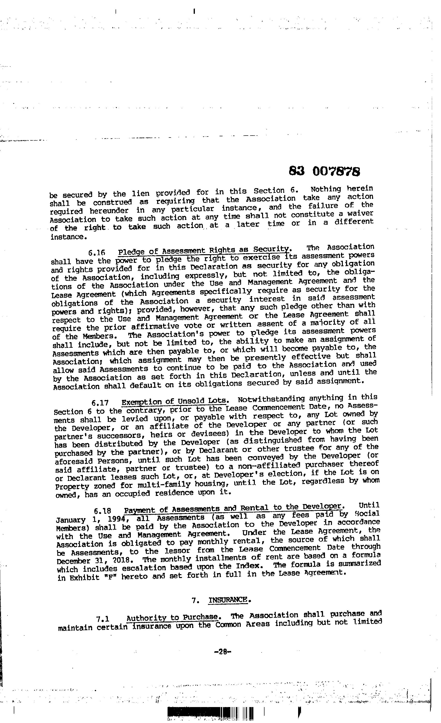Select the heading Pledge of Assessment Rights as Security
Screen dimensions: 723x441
coord(204,250)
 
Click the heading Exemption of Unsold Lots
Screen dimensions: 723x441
coord(174,401)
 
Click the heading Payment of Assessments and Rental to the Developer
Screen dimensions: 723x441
coord(233,508)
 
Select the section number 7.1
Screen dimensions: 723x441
coord(103,619)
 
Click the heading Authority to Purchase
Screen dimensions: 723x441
coord(172,617)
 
